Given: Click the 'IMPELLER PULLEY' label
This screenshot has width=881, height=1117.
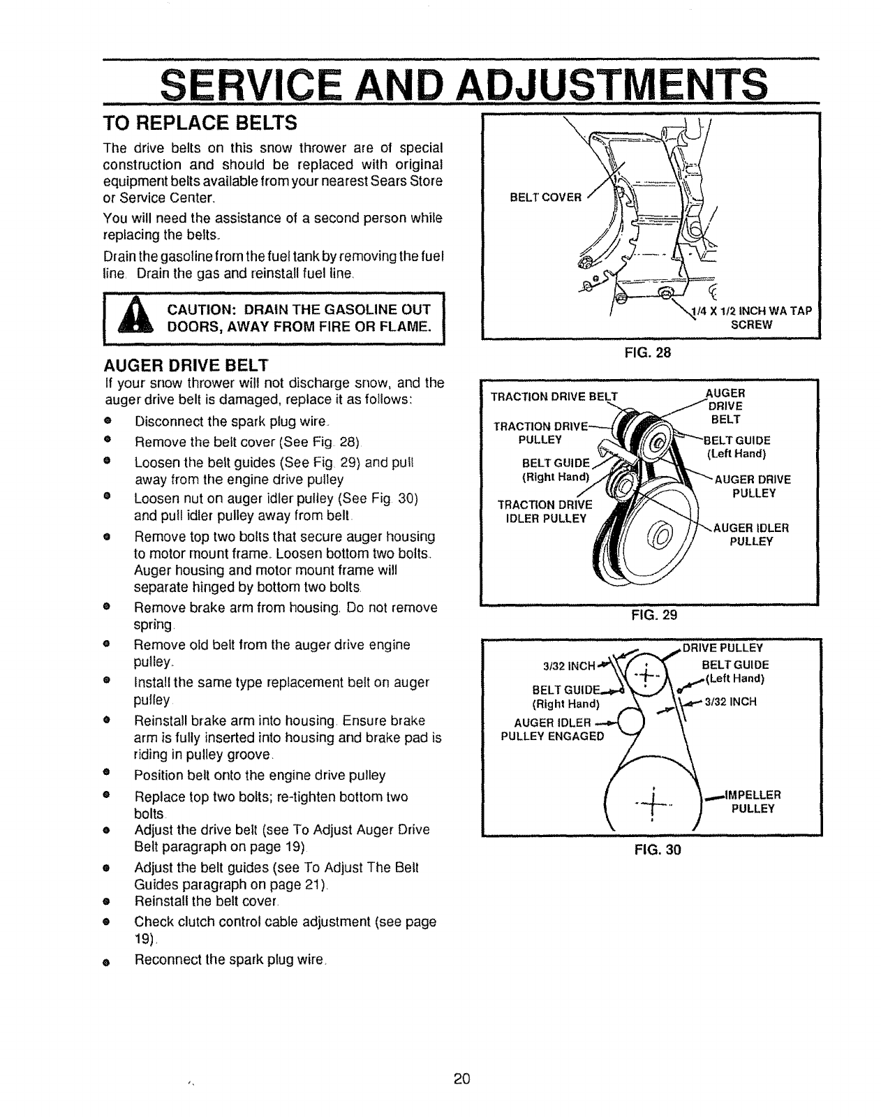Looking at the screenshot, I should click(x=753, y=801).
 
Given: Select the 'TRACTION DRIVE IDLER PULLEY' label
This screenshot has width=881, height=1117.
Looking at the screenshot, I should click(x=544, y=511).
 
